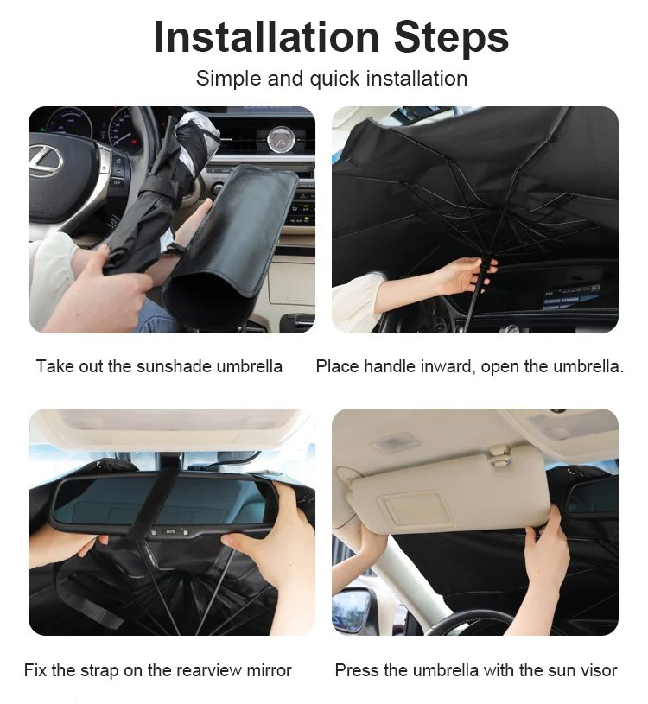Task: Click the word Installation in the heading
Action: pyautogui.click(x=266, y=37)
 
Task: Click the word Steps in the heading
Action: pyautogui.click(x=451, y=39)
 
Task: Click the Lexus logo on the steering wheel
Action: pyautogui.click(x=46, y=161)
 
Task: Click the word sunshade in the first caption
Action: pyautogui.click(x=174, y=366)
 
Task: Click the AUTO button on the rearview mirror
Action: pyautogui.click(x=171, y=531)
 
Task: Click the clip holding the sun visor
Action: pyautogui.click(x=499, y=455)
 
